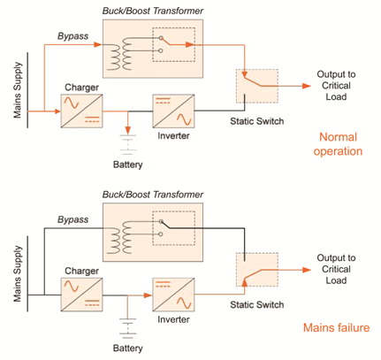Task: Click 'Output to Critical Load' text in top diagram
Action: [x=340, y=86]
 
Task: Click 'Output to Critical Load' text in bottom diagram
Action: [x=340, y=269]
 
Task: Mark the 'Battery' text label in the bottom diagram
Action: [x=129, y=349]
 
